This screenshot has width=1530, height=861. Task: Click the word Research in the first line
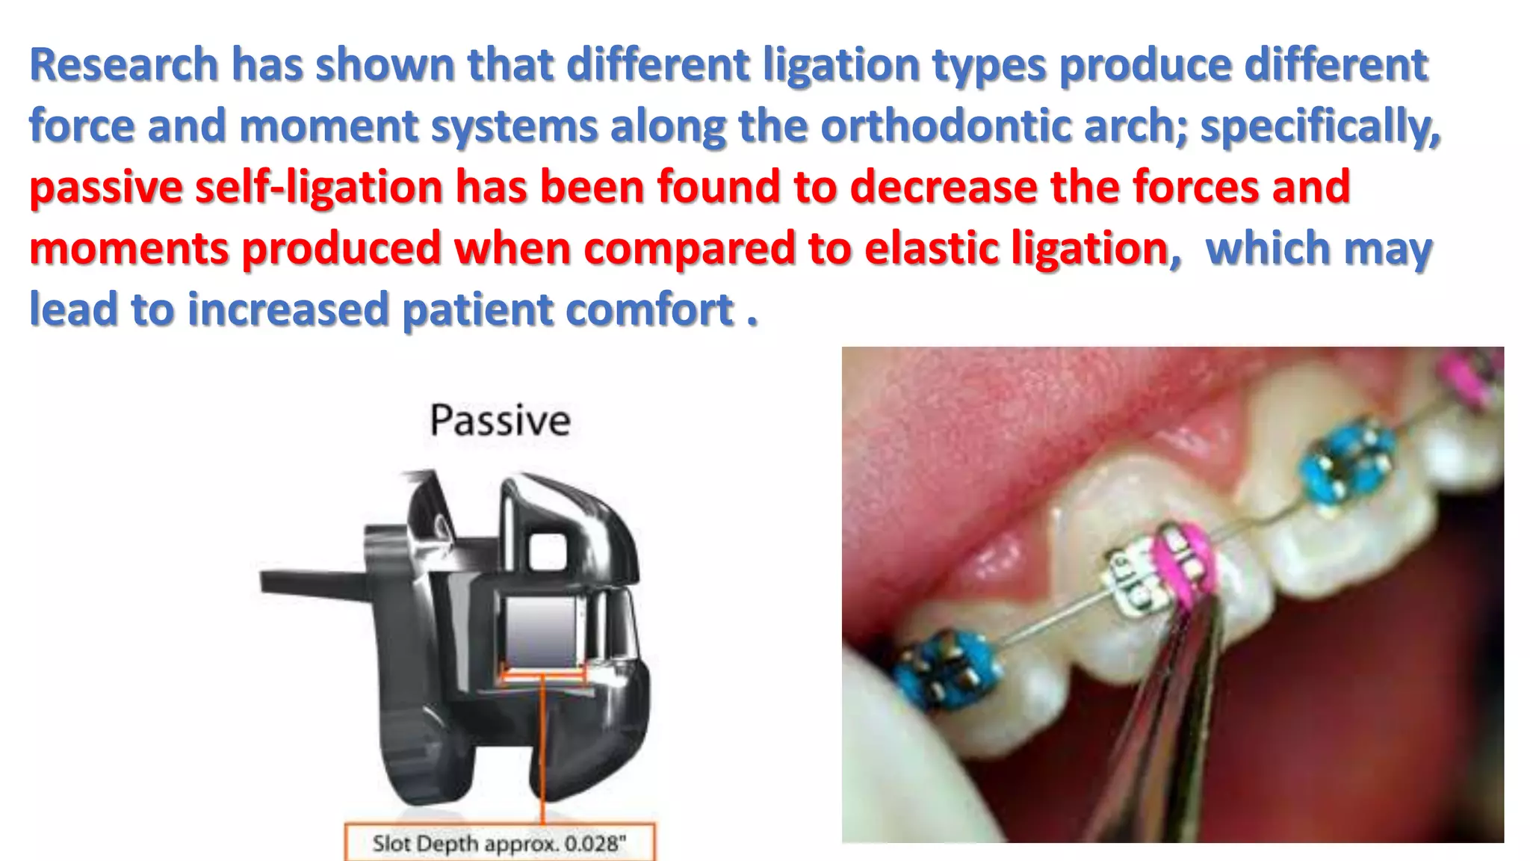point(123,64)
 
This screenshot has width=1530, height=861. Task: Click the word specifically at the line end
point(1319,126)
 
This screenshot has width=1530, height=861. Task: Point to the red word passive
point(105,187)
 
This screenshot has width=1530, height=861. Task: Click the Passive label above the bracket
point(500,420)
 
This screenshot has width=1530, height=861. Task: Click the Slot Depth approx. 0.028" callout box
point(499,843)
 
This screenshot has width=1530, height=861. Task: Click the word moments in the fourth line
point(129,248)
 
